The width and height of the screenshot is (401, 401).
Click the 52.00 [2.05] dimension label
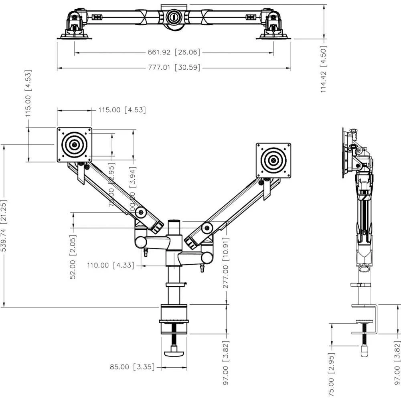click(x=73, y=257)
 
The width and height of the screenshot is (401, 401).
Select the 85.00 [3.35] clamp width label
click(x=132, y=367)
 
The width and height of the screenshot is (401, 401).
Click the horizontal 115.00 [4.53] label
click(x=120, y=110)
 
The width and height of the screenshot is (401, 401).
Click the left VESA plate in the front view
click(x=74, y=145)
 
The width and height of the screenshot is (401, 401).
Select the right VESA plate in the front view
click(x=273, y=160)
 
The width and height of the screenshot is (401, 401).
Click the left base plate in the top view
click(x=75, y=36)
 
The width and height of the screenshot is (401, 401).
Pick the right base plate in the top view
click(x=273, y=36)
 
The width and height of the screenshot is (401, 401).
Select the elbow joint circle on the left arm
click(x=140, y=212)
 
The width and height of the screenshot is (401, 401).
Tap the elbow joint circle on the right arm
click(x=207, y=228)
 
